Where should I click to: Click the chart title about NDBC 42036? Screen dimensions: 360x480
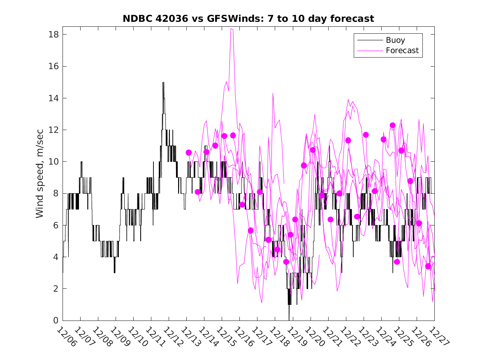[248, 19]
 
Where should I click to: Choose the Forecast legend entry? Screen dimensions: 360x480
[402, 51]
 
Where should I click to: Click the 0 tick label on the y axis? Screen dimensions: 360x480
[53, 321]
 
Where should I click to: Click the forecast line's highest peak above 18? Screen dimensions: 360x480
[232, 29]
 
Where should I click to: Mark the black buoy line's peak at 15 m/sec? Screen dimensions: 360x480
[163, 83]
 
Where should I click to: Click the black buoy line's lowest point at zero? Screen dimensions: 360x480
[289, 319]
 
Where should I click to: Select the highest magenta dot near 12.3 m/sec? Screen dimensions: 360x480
[392, 125]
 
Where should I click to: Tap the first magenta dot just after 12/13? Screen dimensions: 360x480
[189, 153]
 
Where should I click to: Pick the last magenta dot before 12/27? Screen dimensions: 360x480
[428, 266]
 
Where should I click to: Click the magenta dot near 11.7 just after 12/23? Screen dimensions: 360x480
[366, 135]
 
